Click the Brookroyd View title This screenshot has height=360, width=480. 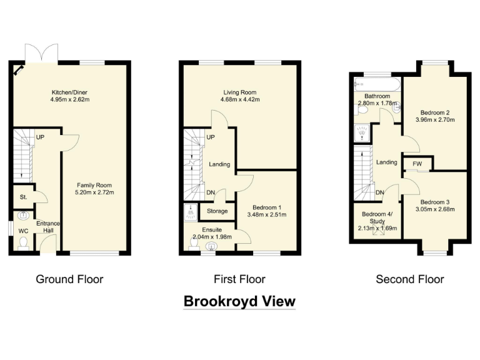(239, 302)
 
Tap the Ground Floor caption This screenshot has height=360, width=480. (69, 279)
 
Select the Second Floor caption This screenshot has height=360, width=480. (409, 279)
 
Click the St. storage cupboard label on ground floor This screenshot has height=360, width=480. (22, 197)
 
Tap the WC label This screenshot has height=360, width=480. (23, 231)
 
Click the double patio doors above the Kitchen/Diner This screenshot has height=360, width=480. (41, 52)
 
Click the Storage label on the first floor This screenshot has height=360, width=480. (217, 211)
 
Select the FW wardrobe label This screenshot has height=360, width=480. (417, 164)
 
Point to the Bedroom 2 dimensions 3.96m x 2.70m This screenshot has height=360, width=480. (435, 121)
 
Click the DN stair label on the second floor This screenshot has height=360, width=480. (379, 192)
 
